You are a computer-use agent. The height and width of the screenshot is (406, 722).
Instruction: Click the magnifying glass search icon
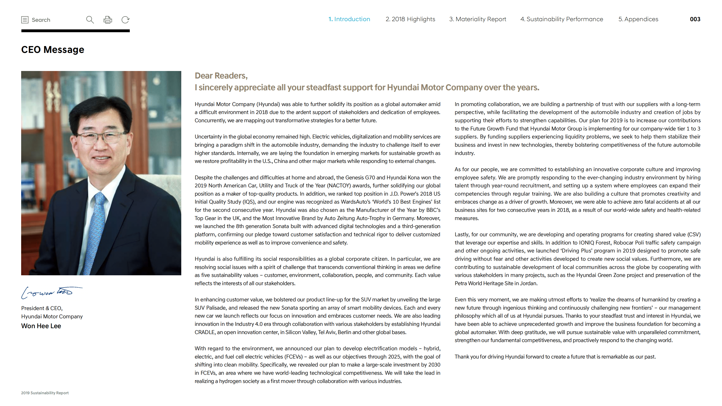click(90, 20)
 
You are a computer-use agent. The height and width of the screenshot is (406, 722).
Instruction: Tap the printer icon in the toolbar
click(108, 20)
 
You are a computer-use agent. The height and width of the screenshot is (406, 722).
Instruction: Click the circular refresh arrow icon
click(125, 20)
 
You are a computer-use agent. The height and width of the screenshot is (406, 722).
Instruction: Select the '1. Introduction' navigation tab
click(349, 19)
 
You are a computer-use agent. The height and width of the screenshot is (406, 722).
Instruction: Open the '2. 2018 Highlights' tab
click(410, 19)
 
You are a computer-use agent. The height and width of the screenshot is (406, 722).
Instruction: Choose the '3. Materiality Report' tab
click(477, 19)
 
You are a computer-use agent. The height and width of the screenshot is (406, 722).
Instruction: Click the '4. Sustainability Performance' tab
click(562, 19)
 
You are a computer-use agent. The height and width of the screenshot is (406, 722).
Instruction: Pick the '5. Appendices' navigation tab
click(638, 19)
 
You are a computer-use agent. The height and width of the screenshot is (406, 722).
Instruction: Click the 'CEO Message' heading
click(53, 50)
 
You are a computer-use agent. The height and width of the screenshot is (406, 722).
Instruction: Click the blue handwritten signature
click(51, 292)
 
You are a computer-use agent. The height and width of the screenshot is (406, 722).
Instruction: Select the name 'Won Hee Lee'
click(41, 326)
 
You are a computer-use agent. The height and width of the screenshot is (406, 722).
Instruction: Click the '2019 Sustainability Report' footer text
click(45, 393)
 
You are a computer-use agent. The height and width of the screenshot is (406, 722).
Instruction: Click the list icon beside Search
click(25, 20)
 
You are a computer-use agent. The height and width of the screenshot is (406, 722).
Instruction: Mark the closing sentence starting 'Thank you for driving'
click(555, 357)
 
